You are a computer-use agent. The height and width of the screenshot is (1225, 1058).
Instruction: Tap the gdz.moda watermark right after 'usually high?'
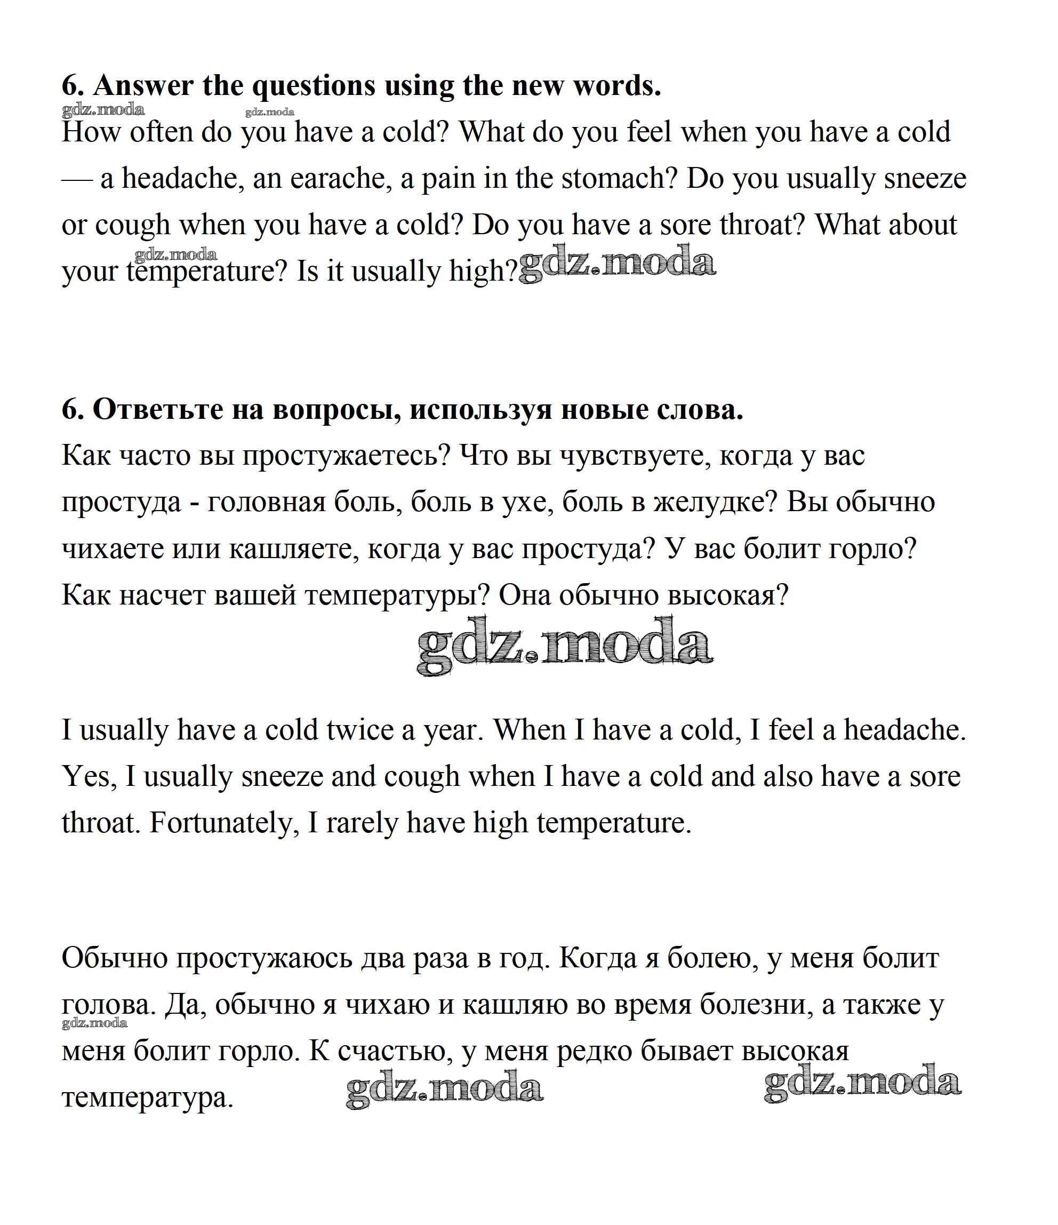[617, 264]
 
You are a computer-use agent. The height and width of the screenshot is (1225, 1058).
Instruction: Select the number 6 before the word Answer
[70, 86]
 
